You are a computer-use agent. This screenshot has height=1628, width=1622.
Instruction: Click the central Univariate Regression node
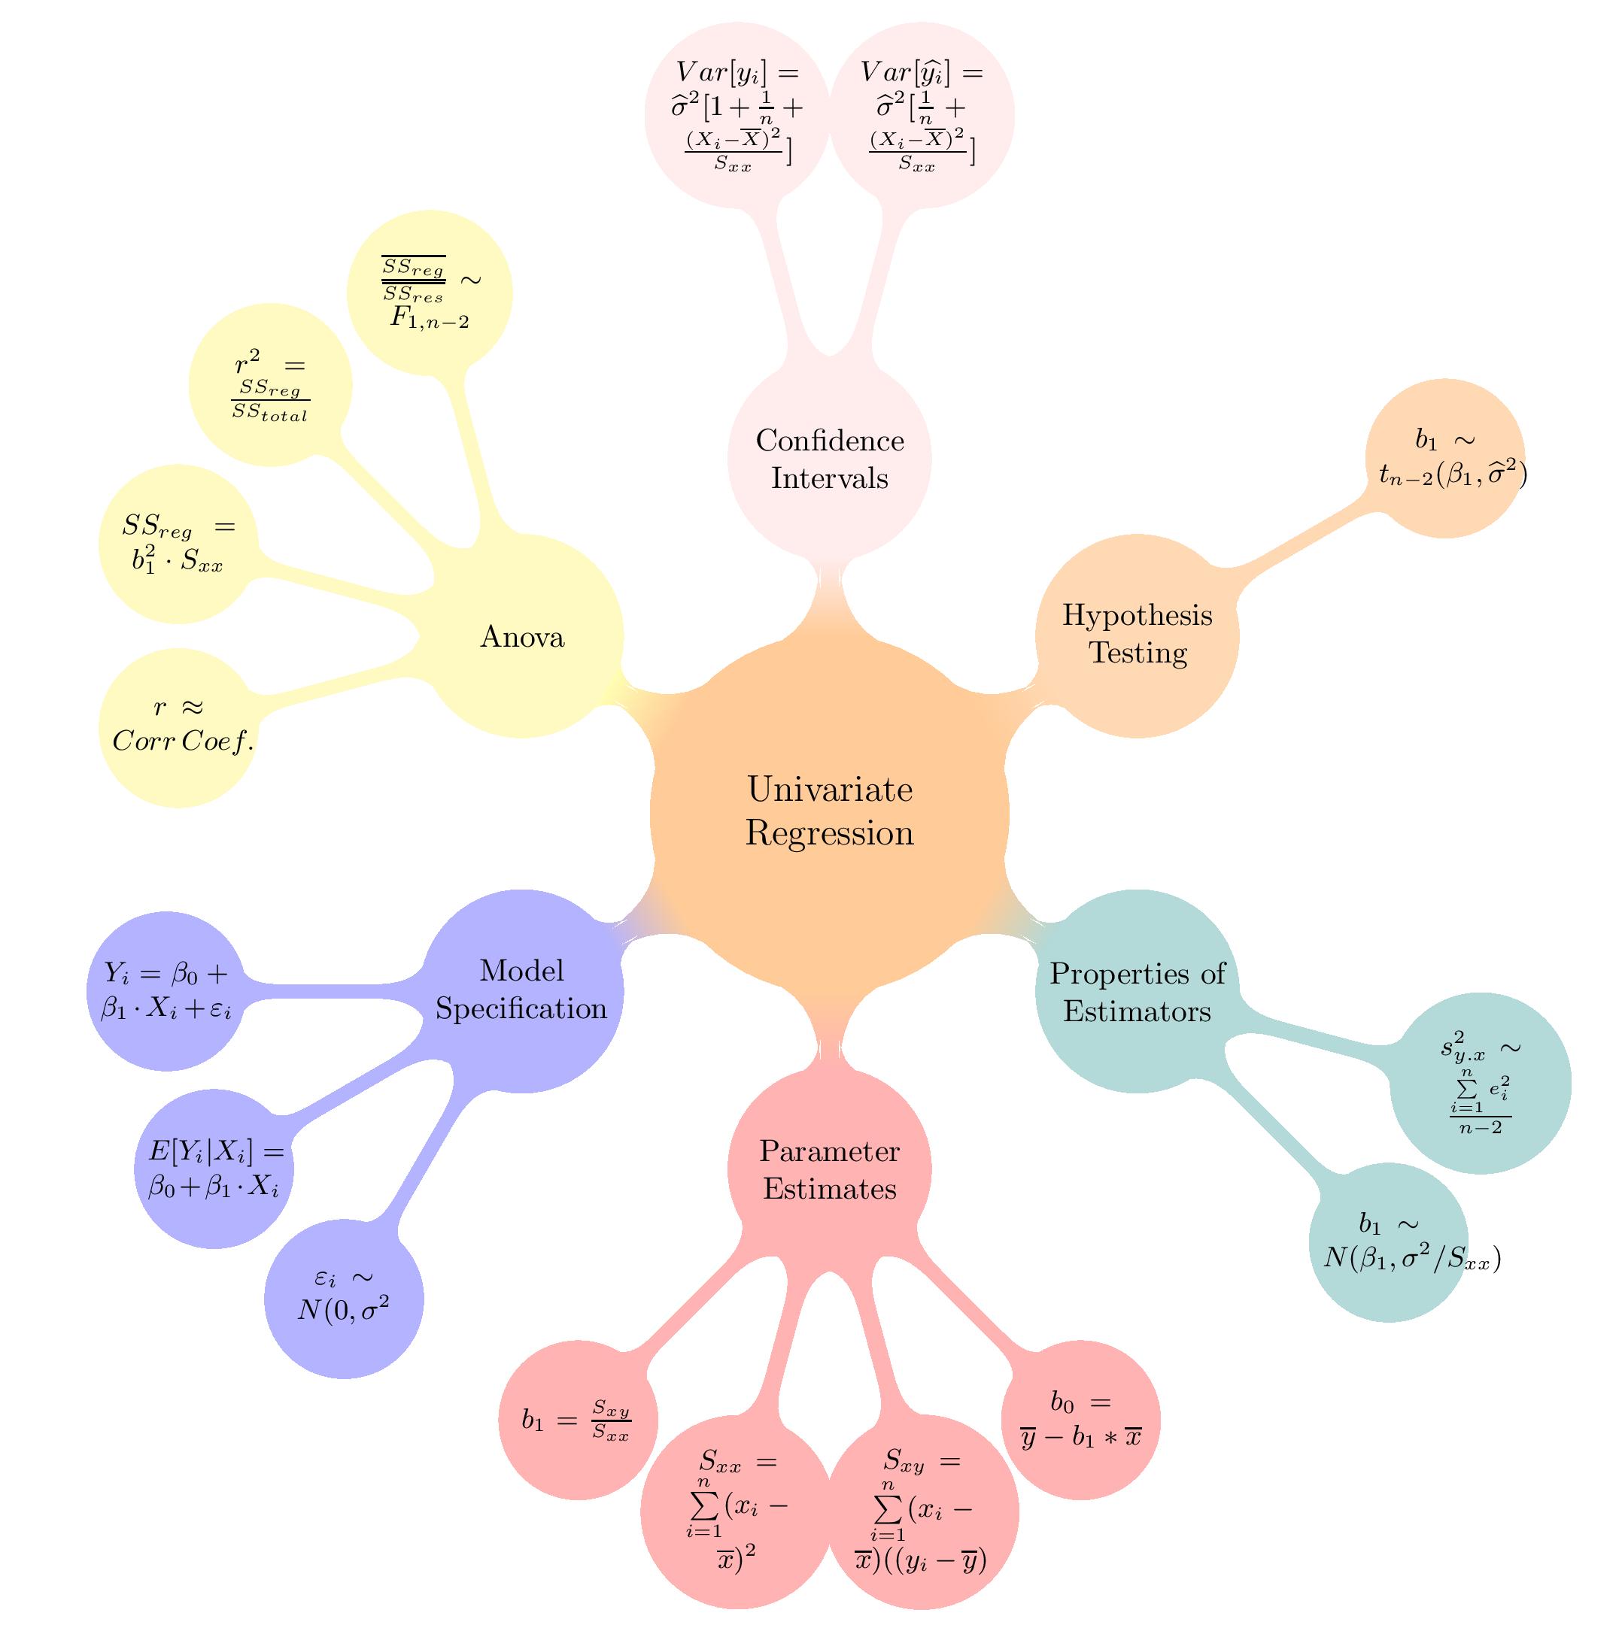[830, 812]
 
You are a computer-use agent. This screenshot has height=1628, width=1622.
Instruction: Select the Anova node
[522, 637]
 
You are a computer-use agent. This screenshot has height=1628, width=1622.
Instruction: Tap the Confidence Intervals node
[830, 459]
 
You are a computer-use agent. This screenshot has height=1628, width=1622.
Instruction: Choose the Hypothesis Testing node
[1137, 635]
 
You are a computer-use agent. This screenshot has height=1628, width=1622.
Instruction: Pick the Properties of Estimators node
[1137, 992]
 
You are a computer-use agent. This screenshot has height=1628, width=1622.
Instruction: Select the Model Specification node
[522, 991]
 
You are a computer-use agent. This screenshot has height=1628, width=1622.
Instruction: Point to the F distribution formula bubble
[430, 293]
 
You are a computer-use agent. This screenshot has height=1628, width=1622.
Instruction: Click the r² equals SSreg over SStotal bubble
[271, 385]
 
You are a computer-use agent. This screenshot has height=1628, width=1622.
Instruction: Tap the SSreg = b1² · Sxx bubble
[178, 544]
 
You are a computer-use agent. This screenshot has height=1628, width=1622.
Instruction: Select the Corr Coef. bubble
[178, 727]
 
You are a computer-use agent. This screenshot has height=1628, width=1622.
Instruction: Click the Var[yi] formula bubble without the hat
[737, 114]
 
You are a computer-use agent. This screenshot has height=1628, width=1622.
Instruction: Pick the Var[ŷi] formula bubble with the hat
[922, 114]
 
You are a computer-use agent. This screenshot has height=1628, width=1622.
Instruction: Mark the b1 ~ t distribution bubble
[1445, 459]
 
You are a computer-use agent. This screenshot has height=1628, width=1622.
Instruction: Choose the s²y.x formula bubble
[1481, 1084]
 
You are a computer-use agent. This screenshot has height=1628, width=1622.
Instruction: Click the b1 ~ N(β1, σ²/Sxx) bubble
[1389, 1243]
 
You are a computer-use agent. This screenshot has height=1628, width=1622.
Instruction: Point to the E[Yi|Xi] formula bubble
[214, 1169]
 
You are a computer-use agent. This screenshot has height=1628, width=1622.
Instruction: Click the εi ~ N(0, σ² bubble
[344, 1299]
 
